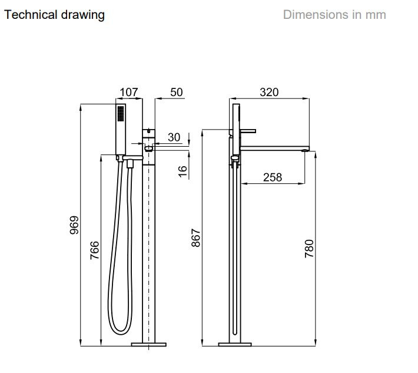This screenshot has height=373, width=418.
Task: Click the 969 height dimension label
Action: (x=74, y=225)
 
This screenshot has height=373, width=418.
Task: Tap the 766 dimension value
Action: (x=95, y=250)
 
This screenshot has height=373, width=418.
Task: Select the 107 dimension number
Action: (x=129, y=93)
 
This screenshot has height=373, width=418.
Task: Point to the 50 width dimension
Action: (x=177, y=93)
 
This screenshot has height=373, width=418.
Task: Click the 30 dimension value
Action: (x=174, y=137)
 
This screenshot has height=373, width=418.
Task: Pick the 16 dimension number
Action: (x=183, y=171)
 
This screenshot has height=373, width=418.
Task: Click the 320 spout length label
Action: (x=269, y=93)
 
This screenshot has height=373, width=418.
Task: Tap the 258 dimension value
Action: (x=273, y=177)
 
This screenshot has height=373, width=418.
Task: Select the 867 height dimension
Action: (x=195, y=237)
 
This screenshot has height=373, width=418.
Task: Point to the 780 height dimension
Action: (x=309, y=249)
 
